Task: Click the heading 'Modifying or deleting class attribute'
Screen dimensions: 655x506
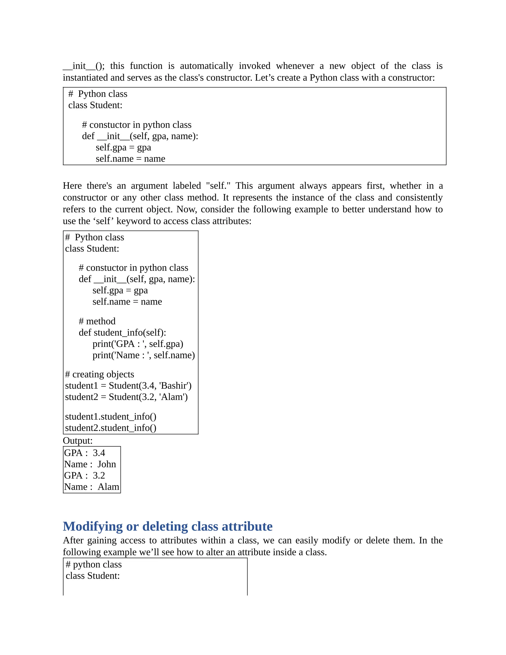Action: click(167, 526)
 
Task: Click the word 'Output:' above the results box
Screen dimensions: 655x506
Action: click(78, 440)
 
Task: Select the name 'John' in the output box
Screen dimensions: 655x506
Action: click(106, 464)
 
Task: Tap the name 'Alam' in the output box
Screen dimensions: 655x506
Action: click(108, 487)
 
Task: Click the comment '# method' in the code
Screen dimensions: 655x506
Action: click(97, 321)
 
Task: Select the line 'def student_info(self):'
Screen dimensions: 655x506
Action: click(122, 333)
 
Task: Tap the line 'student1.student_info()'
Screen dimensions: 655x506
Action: click(111, 416)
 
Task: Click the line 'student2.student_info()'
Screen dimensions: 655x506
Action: click(111, 428)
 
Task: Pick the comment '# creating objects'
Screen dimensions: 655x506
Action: click(100, 374)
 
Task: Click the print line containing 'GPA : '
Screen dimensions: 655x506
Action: click(138, 344)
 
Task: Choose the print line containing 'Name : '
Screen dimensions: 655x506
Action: click(144, 355)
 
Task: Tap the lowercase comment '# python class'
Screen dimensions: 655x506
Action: click(94, 565)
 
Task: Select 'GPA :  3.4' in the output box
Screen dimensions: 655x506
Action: click(84, 453)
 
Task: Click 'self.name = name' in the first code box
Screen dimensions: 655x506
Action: click(130, 159)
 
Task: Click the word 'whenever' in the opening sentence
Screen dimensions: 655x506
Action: click(295, 66)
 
